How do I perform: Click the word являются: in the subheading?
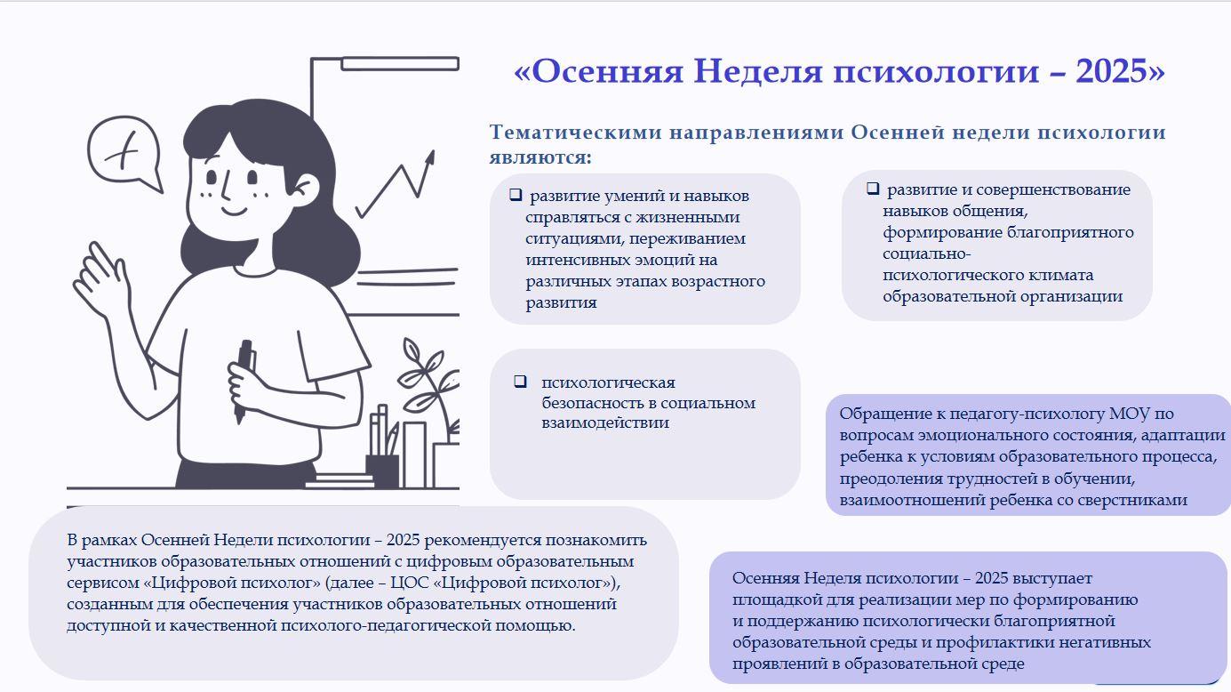(540, 157)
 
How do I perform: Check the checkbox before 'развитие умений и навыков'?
(516, 195)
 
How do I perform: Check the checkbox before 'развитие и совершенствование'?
(873, 189)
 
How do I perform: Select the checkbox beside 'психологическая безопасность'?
(521, 382)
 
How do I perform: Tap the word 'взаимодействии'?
(605, 422)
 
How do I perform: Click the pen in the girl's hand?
(243, 381)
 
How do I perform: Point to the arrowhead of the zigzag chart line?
(430, 157)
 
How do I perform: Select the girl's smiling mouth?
(234, 211)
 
